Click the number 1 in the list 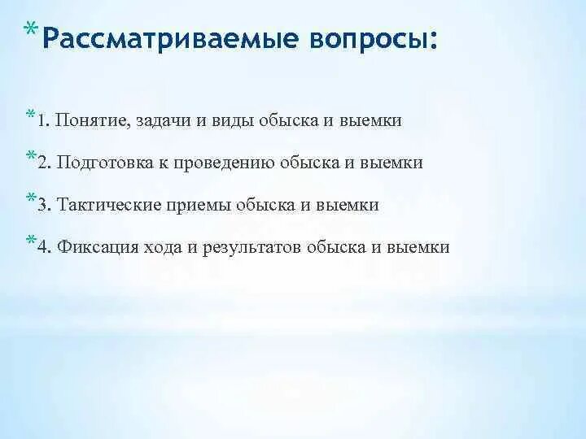pos(41,120)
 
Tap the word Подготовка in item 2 pos(102,163)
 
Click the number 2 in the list pos(42,163)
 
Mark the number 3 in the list pos(42,205)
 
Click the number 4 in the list pos(42,247)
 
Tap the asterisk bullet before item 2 pos(31,156)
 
